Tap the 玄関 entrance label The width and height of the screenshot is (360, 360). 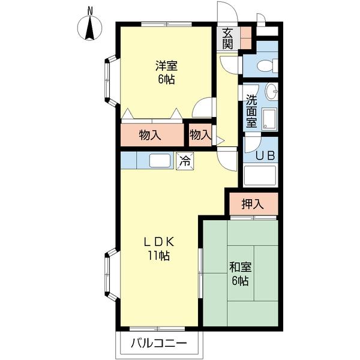tap(228, 38)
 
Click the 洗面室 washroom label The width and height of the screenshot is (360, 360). tap(251, 111)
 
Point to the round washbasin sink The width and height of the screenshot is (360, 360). tap(271, 92)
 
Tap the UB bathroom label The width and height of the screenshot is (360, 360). tap(265, 155)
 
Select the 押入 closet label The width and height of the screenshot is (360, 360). tap(253, 204)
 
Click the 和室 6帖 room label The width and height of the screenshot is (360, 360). tap(239, 274)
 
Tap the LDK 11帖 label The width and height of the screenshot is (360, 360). tap(158, 248)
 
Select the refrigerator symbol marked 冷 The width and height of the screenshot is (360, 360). tap(185, 161)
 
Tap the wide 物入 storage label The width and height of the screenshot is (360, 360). tap(150, 135)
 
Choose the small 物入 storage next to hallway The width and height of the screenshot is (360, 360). tap(200, 135)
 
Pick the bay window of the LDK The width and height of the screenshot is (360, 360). tap(110, 275)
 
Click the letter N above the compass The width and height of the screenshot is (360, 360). tap(91, 10)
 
